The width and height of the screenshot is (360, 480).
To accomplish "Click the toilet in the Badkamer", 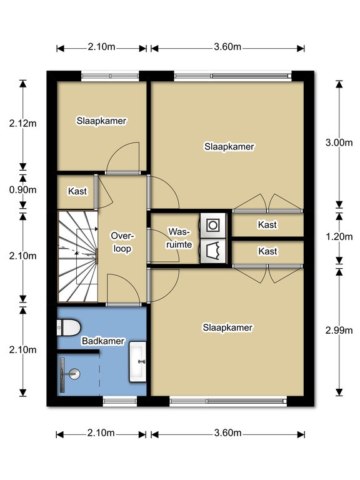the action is coord(68,327).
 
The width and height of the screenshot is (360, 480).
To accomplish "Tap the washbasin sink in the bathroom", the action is coord(137,362).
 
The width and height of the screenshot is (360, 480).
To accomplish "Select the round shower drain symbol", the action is coord(75,374).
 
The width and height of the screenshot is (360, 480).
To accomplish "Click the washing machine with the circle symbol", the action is coord(213,226).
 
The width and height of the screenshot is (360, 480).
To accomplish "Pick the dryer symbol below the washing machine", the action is coord(213,251).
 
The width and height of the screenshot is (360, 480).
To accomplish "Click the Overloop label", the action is coord(122,242).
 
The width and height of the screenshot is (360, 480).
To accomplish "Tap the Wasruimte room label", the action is coord(179,238).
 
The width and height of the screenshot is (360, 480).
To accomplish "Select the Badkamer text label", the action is coord(103,341).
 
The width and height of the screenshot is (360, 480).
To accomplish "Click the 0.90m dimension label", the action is coord(22,190).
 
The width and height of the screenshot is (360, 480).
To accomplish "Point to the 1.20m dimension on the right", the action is coord(339,237).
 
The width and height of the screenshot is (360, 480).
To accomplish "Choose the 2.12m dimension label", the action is coord(22,123).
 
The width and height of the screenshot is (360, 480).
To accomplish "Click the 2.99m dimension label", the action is coord(339,330).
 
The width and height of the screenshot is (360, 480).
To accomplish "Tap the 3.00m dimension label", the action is coord(339,142).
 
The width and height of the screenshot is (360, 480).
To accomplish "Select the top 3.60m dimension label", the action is coord(227,47).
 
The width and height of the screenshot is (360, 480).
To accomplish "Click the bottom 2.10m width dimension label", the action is coord(101,433).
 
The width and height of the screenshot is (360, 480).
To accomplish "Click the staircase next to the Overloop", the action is coord(77,256).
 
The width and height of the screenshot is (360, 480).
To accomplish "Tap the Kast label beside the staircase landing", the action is coord(77,191).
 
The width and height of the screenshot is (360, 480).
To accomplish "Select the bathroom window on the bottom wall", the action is coord(120,401).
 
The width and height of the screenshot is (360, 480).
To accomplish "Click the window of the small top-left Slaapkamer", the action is coord(110,76).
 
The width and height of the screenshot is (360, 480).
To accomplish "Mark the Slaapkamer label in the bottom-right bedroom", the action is coord(227,327).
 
